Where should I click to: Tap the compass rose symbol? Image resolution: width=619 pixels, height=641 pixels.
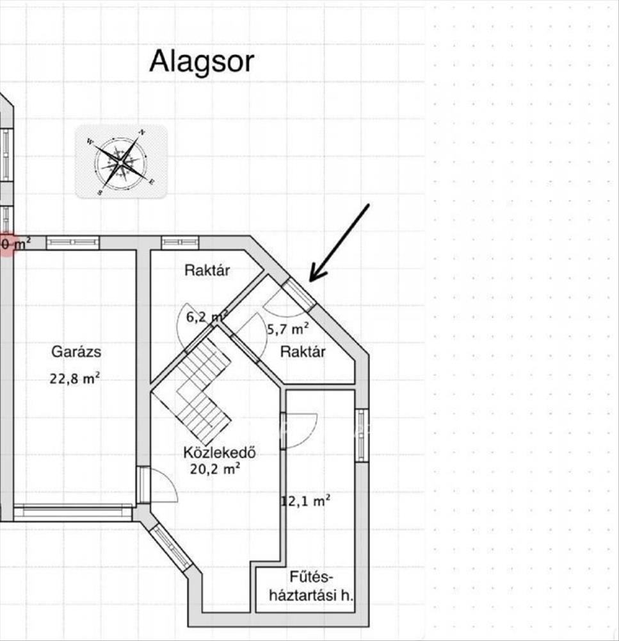[x=121, y=162]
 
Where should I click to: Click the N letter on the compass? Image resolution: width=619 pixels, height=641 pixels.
[x=142, y=132]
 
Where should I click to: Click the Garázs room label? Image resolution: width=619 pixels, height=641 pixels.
[x=76, y=352]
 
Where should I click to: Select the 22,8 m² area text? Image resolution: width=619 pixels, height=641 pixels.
[x=75, y=379]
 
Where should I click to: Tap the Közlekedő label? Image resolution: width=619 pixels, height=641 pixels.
[x=220, y=453]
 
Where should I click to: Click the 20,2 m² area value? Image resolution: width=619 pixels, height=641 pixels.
[x=215, y=469]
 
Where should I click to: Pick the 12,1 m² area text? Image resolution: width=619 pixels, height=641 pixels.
[x=306, y=501]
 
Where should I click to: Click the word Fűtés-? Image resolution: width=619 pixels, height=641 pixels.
[x=312, y=578]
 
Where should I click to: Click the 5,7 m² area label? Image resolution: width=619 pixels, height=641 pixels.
[x=288, y=329]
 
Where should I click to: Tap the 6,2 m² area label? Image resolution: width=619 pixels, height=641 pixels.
[x=207, y=317]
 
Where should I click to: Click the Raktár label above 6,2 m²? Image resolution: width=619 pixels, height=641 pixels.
[x=207, y=271]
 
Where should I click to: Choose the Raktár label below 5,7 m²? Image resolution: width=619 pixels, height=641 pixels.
[x=303, y=351]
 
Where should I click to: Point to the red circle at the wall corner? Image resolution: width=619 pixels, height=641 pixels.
[x=7, y=245]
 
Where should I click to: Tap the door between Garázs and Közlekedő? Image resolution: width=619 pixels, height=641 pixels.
[x=143, y=485]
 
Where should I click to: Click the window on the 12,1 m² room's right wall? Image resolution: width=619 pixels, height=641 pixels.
[x=362, y=435]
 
